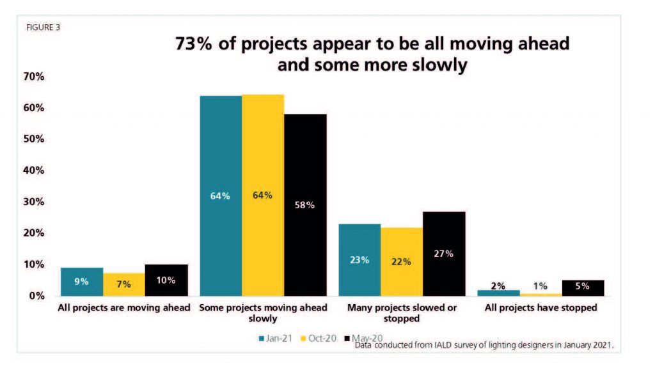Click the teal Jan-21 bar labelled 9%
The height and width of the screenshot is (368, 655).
[81, 281]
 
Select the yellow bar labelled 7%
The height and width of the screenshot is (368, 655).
[123, 284]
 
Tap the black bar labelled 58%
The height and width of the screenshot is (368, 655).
[305, 204]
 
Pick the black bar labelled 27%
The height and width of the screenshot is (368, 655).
[443, 253]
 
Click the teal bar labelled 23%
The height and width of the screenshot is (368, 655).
[359, 259]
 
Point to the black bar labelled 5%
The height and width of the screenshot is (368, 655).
[582, 287]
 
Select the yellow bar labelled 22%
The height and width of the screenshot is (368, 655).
[401, 261]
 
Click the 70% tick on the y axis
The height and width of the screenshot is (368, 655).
[33, 77]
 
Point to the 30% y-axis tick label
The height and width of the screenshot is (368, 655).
[33, 202]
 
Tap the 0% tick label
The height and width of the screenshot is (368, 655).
[36, 296]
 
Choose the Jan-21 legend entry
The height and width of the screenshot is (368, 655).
[273, 338]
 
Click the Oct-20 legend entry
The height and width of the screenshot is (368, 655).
[317, 338]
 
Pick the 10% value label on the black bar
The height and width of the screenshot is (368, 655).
[165, 280]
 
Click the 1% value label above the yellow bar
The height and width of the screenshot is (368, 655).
[541, 286]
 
